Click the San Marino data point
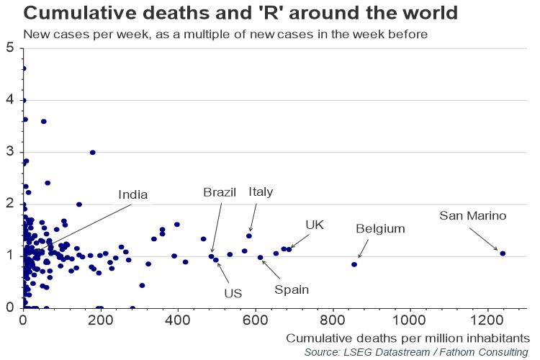[x=503, y=253]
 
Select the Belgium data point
[x=354, y=264]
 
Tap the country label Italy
[x=261, y=192]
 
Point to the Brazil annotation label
[x=220, y=192]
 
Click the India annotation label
[x=133, y=194]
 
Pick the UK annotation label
[x=315, y=225]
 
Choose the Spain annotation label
[x=292, y=289]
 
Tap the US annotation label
[x=233, y=293]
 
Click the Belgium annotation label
[x=380, y=229]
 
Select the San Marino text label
[x=473, y=215]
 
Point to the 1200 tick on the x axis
[x=487, y=320]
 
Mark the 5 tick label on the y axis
[x=10, y=48]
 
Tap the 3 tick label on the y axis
[x=10, y=152]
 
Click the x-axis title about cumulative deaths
[x=408, y=338]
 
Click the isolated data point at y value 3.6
[x=43, y=122]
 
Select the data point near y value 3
[x=92, y=153]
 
